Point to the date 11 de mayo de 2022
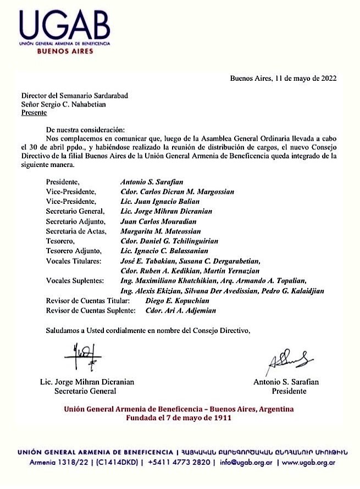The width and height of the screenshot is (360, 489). pyautogui.click(x=306, y=78)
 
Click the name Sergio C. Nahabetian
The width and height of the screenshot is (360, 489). pyautogui.click(x=80, y=104)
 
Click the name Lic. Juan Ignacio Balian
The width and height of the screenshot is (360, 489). pyautogui.click(x=156, y=201)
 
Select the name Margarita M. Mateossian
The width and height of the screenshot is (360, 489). pyautogui.click(x=160, y=231)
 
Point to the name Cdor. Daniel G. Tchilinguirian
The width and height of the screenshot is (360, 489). pyautogui.click(x=169, y=241)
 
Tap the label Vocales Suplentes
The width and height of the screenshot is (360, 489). pyautogui.click(x=75, y=281)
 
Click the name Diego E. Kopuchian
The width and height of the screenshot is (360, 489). pyautogui.click(x=178, y=301)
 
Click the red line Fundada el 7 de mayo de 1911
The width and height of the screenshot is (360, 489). pyautogui.click(x=179, y=418)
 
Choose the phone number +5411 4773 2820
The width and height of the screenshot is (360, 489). pyautogui.click(x=182, y=463)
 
